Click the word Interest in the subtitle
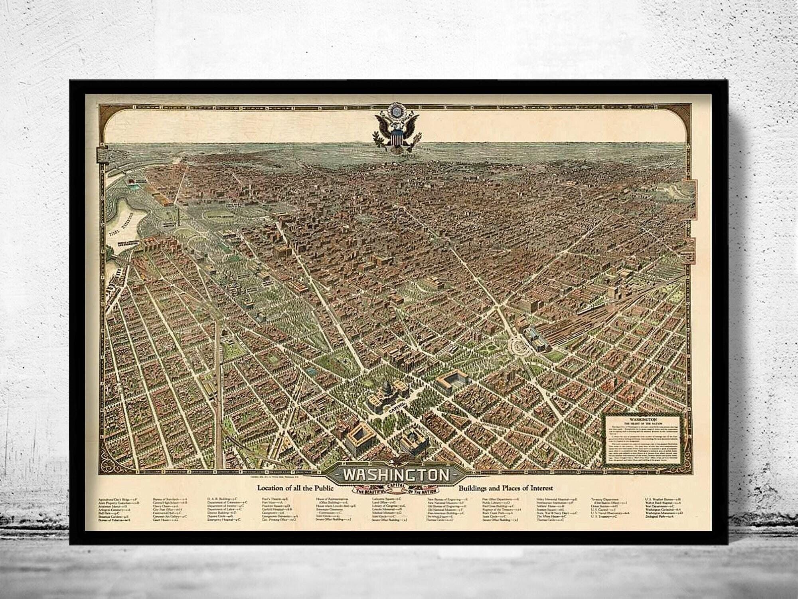(x=540, y=488)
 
